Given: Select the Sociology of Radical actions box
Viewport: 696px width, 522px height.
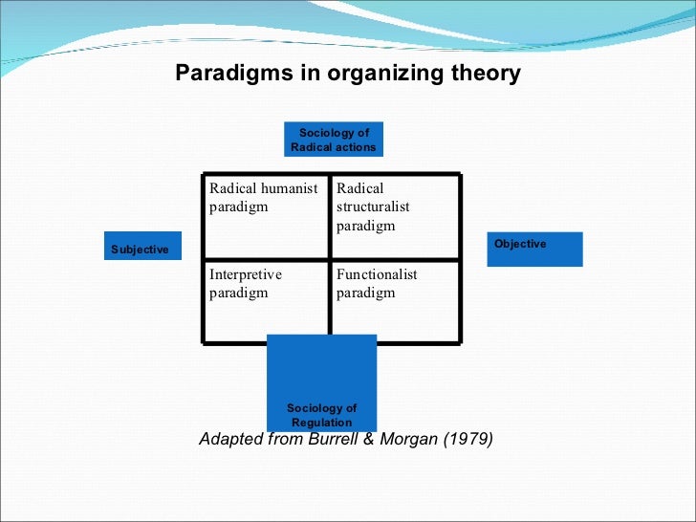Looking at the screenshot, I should point(334,140).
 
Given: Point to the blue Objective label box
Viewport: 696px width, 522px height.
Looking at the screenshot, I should point(534,249).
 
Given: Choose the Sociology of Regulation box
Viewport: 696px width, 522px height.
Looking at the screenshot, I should point(321,382).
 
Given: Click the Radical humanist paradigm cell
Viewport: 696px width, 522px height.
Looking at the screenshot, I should point(266,216).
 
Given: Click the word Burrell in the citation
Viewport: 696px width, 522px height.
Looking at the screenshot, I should point(338,441).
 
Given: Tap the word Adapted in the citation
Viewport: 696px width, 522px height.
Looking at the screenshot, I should point(230,441).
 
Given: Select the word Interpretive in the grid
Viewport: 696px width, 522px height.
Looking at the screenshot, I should point(246,274).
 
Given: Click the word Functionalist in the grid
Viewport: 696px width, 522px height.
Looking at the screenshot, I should point(377,274).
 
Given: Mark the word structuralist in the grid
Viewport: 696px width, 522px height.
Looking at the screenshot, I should point(373,207).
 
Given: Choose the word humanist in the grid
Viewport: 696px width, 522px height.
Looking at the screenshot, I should point(290,189).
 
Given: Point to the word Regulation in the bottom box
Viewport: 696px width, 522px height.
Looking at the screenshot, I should point(322,423).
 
